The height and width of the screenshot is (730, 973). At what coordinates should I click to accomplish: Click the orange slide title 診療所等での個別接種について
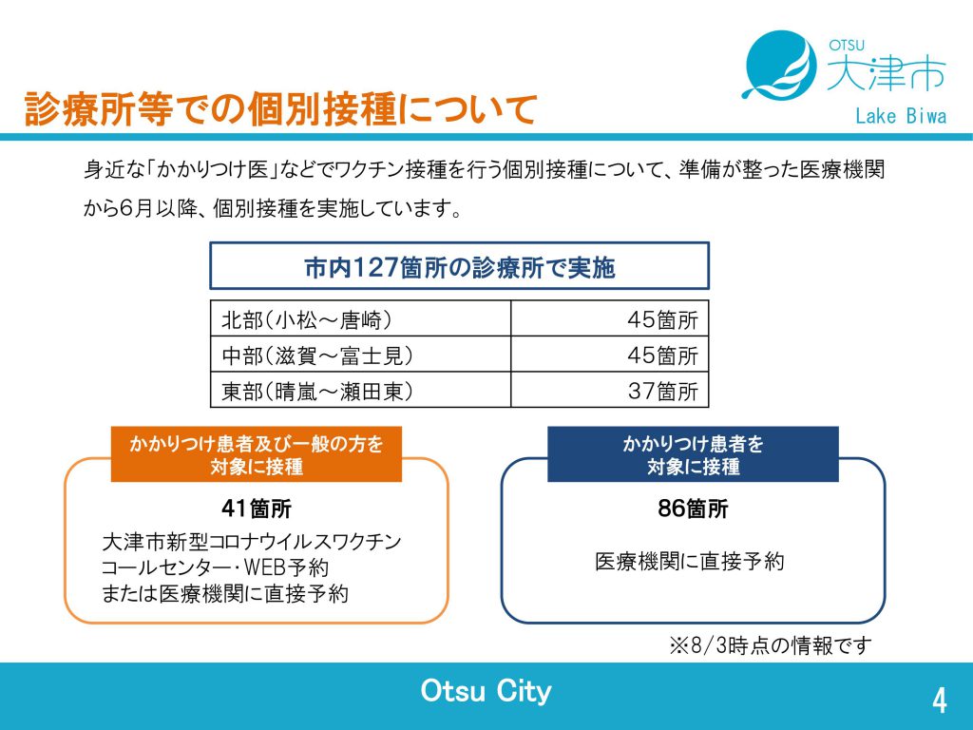pyautogui.click(x=280, y=110)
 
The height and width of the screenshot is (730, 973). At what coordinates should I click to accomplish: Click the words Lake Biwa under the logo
pyautogui.click(x=901, y=115)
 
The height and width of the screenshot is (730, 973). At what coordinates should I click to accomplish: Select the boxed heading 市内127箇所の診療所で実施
pyautogui.click(x=459, y=266)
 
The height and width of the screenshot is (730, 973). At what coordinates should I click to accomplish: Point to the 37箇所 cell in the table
pyautogui.click(x=662, y=391)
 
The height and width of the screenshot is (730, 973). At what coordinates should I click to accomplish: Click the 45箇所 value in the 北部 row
pyautogui.click(x=662, y=319)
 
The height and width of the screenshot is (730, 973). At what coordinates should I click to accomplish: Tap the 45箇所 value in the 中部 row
pyautogui.click(x=662, y=355)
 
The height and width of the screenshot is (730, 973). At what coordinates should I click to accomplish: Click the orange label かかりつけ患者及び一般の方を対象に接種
pyautogui.click(x=257, y=454)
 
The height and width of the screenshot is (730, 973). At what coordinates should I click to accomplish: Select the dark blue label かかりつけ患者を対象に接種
pyautogui.click(x=693, y=454)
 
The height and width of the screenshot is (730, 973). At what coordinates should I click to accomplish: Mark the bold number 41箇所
pyautogui.click(x=257, y=509)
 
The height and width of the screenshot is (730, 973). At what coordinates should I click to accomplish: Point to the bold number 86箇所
pyautogui.click(x=693, y=509)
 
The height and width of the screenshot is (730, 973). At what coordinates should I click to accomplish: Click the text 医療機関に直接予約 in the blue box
pyautogui.click(x=690, y=561)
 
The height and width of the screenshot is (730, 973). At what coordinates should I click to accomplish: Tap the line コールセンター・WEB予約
pyautogui.click(x=215, y=567)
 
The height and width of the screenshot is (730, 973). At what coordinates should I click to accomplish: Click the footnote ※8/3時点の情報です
pyautogui.click(x=770, y=645)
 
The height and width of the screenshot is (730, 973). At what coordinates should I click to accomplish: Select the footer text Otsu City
pyautogui.click(x=486, y=691)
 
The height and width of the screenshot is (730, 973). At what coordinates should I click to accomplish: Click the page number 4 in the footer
pyautogui.click(x=940, y=701)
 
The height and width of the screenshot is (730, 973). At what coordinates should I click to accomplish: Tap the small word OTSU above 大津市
pyautogui.click(x=847, y=45)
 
